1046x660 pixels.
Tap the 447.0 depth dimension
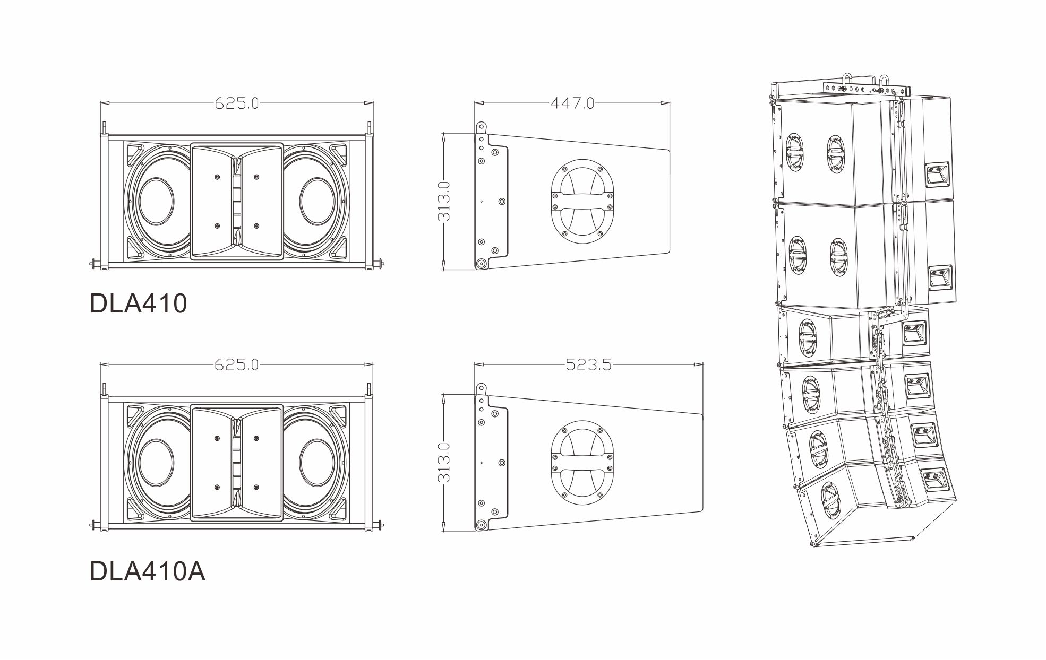click(x=572, y=104)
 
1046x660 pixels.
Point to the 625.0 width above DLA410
click(x=236, y=104)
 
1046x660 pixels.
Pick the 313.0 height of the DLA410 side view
click(x=444, y=201)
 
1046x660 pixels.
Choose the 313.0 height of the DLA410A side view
click(x=444, y=462)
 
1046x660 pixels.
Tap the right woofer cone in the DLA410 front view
click(x=318, y=201)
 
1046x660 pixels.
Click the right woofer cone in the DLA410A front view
click(x=318, y=462)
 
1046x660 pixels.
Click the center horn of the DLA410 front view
click(x=236, y=202)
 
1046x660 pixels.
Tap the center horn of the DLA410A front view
click(x=236, y=463)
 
